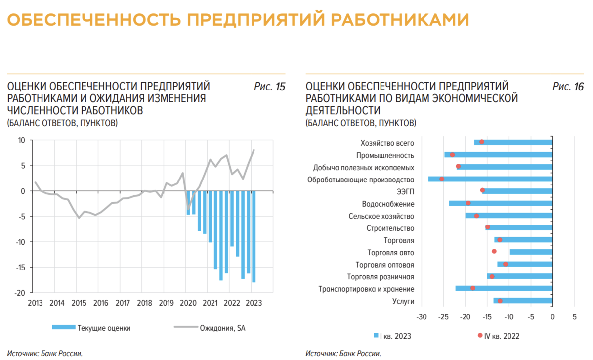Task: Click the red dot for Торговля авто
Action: tap(494, 251)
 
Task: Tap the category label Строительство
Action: tap(390, 228)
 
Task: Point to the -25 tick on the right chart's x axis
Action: tap(443, 317)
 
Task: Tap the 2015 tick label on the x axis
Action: tap(78, 303)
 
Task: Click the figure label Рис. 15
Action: tap(269, 87)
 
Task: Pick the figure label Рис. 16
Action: tap(568, 87)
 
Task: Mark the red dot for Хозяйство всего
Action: tap(482, 142)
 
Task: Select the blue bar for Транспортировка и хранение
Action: tap(504, 288)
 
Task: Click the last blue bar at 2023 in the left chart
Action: tap(254, 237)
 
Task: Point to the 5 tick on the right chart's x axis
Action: tap(574, 317)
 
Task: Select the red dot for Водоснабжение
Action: tap(468, 203)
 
